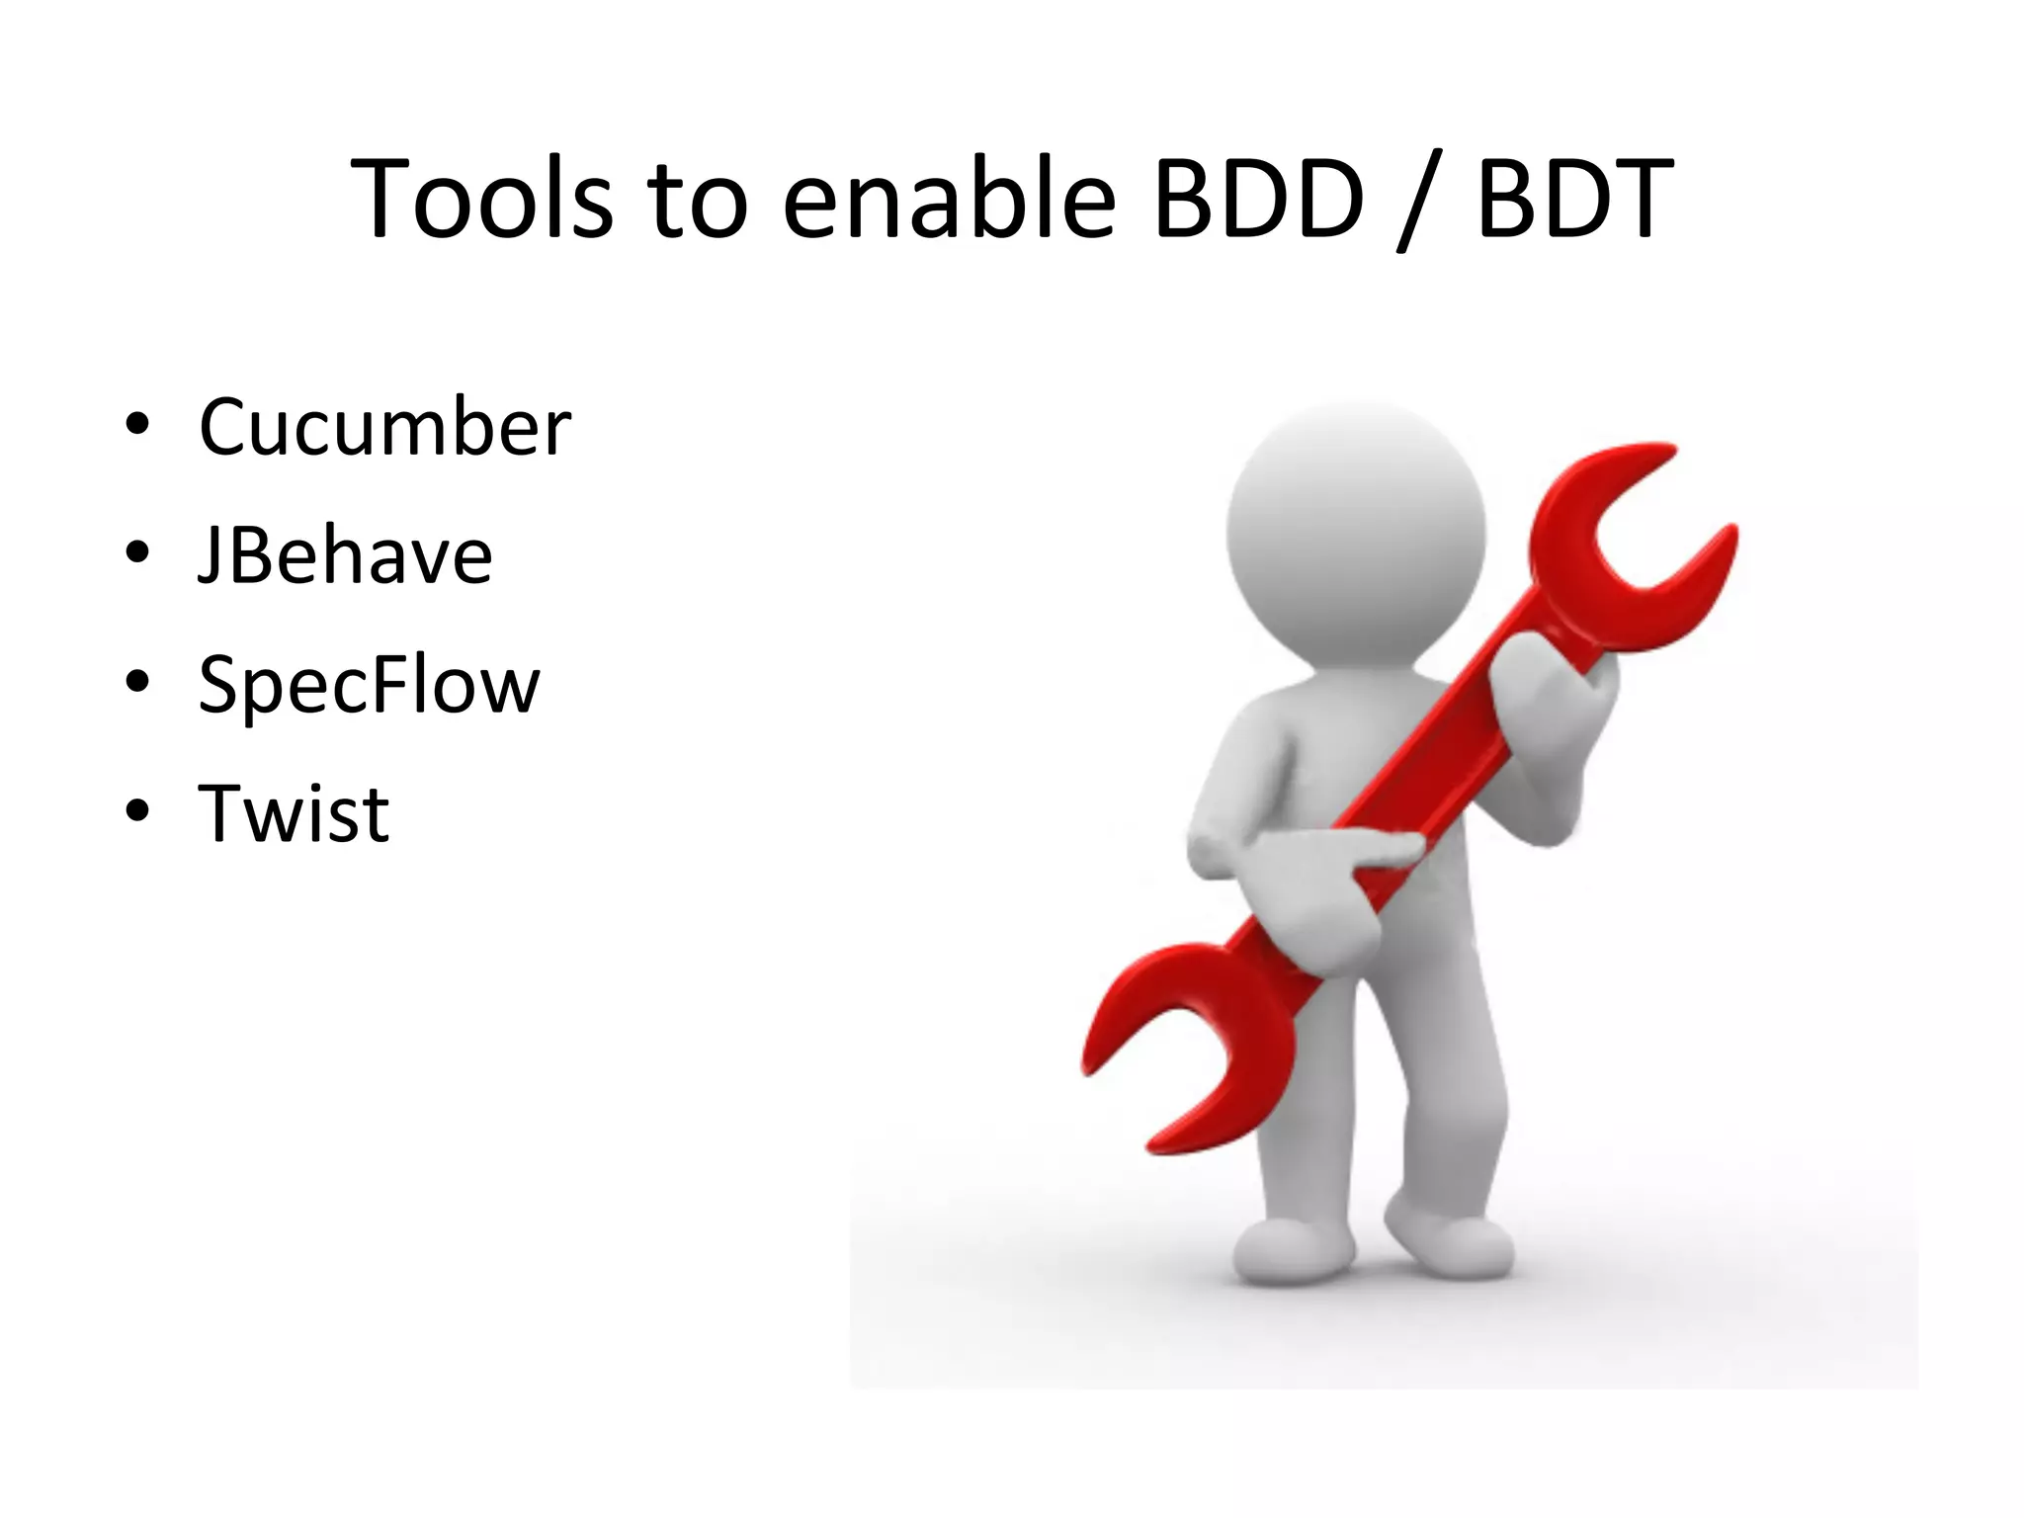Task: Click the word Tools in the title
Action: [481, 201]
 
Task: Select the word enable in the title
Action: [949, 201]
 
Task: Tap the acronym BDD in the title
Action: [1258, 201]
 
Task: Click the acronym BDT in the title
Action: [1573, 201]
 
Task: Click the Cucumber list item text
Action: [384, 427]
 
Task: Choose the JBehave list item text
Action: [345, 555]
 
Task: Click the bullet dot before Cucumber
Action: [137, 425]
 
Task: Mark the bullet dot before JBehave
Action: [137, 553]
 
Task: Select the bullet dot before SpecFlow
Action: [137, 682]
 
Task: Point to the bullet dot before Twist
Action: [137, 811]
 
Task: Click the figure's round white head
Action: [1356, 529]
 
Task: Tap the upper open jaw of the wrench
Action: [1631, 544]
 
